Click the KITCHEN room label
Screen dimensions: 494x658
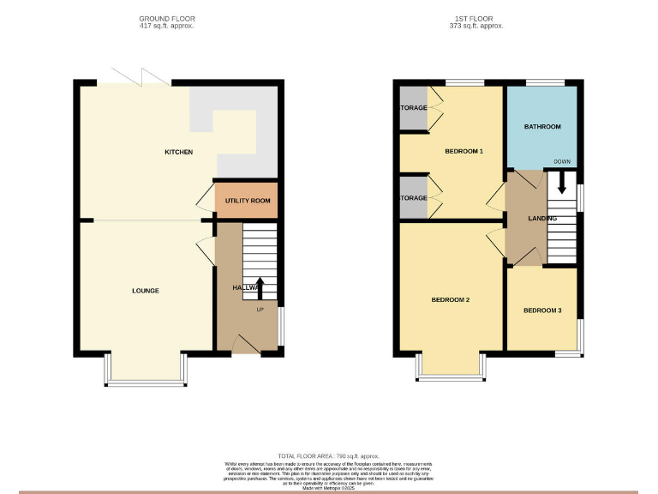click(x=179, y=153)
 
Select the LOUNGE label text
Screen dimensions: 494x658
click(x=145, y=291)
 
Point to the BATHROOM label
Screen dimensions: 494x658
click(x=542, y=127)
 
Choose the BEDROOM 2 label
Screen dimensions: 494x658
click(x=450, y=300)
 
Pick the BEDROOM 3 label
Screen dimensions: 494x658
click(x=542, y=310)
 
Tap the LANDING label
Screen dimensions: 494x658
click(x=541, y=219)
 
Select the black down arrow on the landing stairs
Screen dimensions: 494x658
click(x=562, y=182)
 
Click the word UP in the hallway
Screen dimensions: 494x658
click(x=258, y=310)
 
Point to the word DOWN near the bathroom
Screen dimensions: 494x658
click(x=562, y=161)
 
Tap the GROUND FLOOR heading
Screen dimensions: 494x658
click(x=166, y=18)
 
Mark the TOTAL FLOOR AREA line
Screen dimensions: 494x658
click(x=328, y=455)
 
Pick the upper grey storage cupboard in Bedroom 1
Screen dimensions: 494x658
click(x=413, y=109)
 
